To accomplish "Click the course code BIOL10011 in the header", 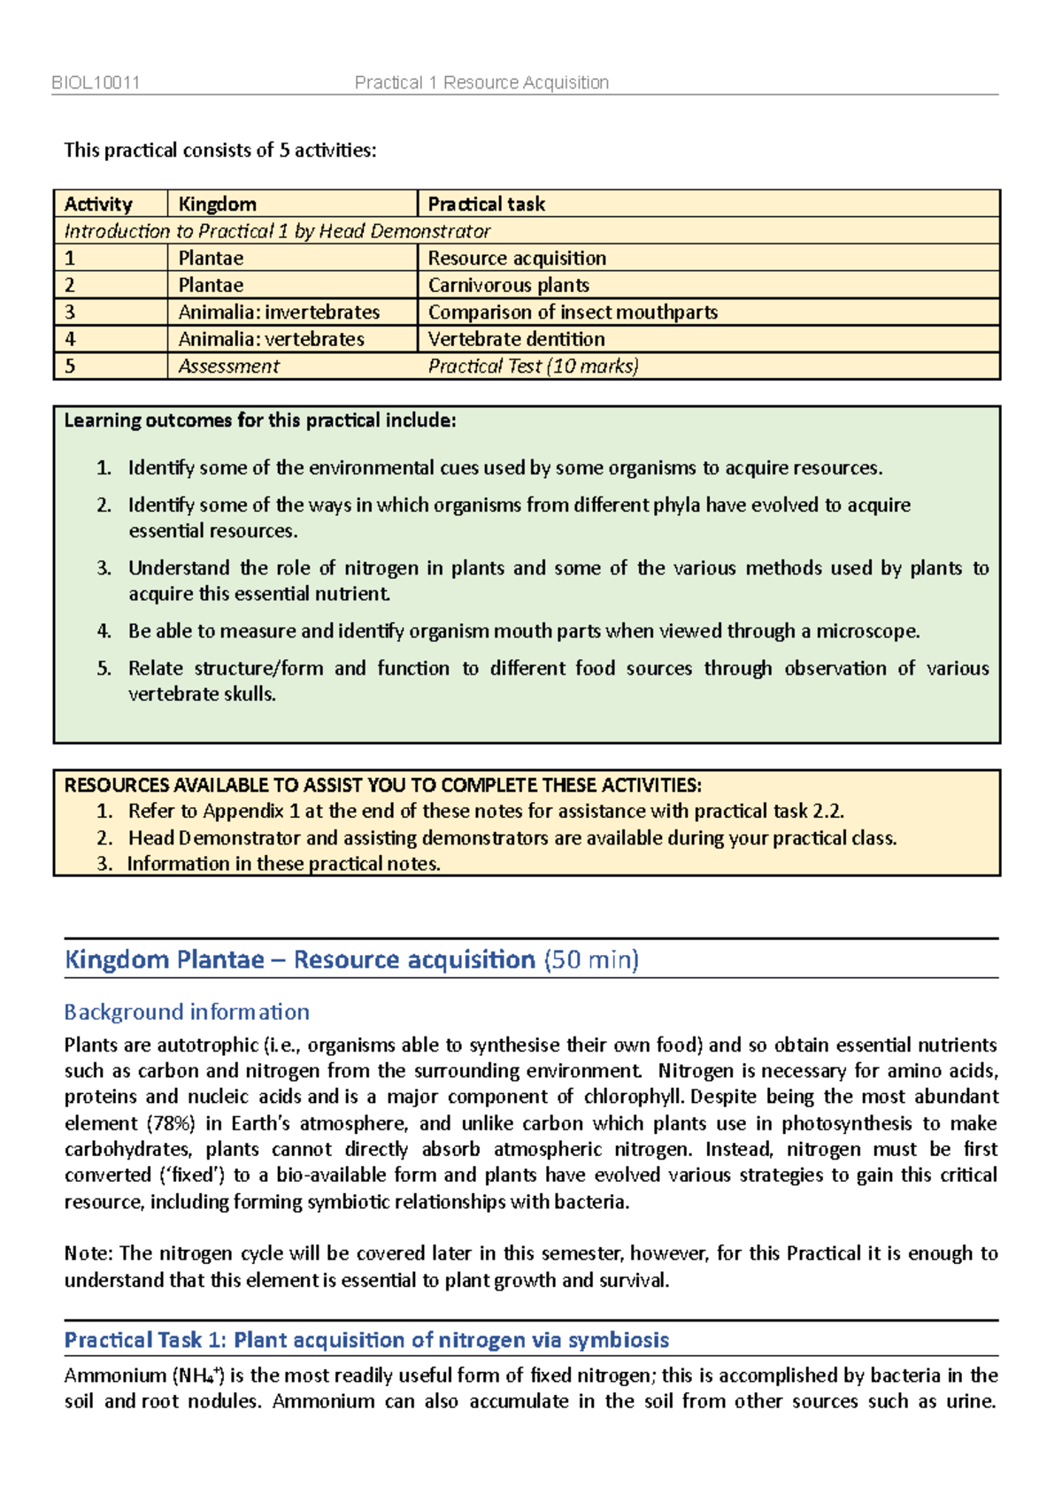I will [96, 83].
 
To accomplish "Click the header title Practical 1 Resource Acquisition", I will [481, 83].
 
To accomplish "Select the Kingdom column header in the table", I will [217, 204].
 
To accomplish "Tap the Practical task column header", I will [486, 204].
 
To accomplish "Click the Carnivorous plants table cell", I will [508, 285].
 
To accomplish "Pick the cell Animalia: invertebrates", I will [279, 312].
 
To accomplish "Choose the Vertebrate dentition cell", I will [516, 339].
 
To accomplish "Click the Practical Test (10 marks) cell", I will [533, 366].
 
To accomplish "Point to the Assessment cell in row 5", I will [228, 366].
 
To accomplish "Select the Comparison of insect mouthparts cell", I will [572, 312].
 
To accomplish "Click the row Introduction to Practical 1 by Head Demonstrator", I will [277, 232].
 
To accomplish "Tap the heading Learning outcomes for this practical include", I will [259, 420].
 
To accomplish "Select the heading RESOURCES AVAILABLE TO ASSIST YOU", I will [382, 785].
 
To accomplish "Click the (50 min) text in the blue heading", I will [590, 960].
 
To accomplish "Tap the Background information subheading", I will [187, 1012].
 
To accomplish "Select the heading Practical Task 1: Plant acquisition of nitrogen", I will [366, 1340].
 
